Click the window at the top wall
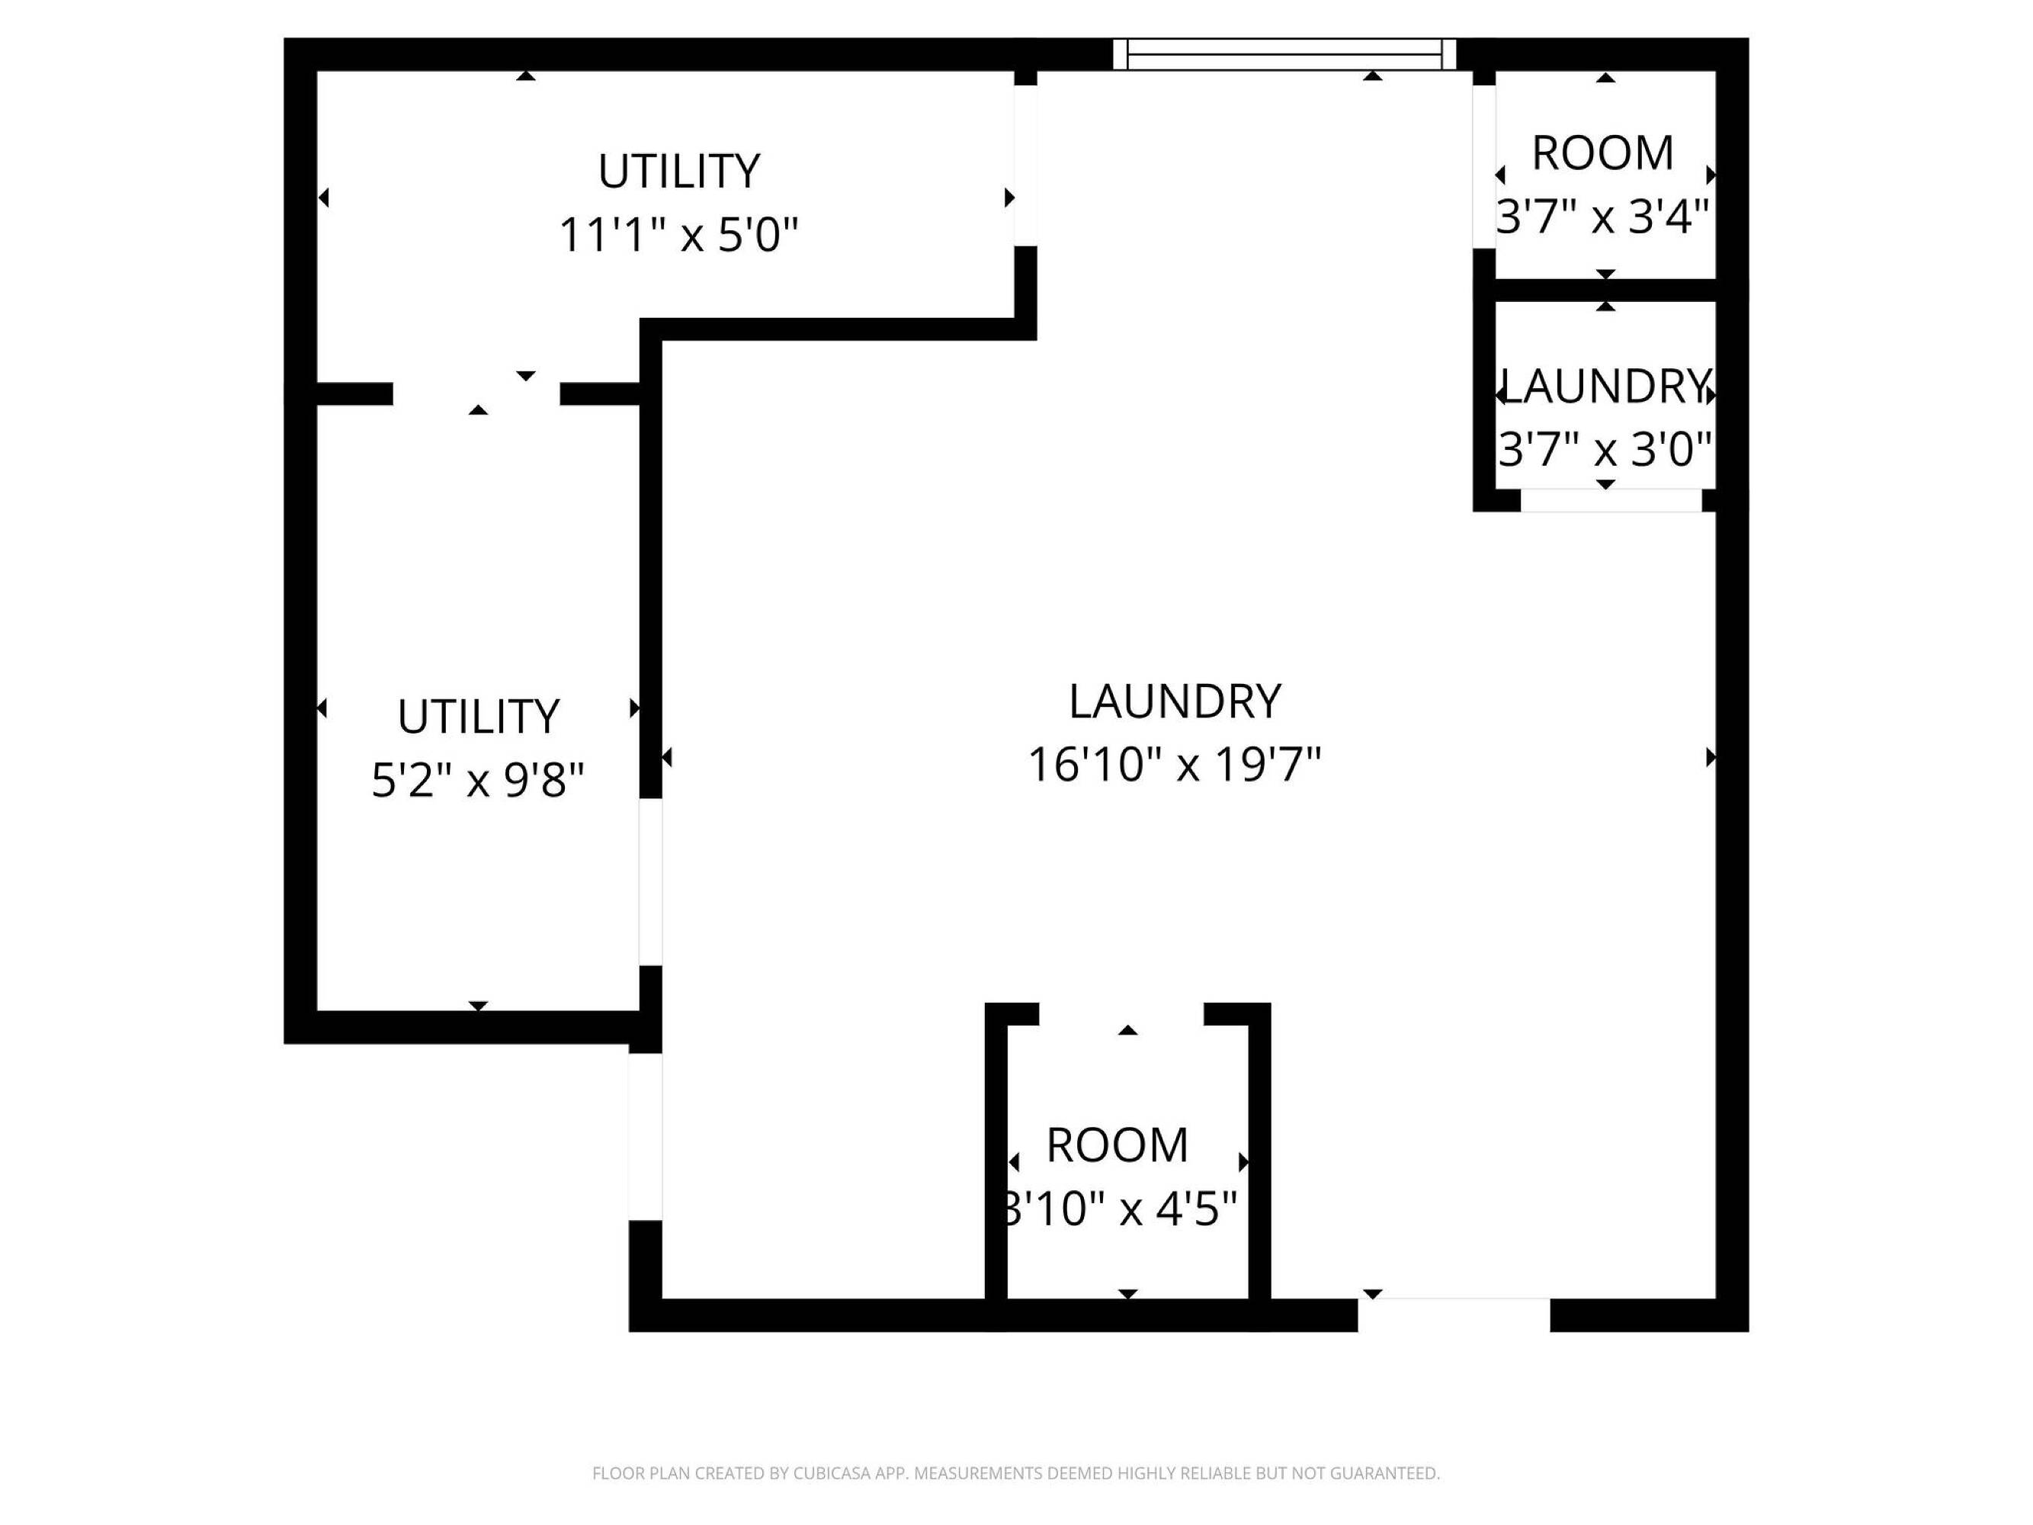pyautogui.click(x=1284, y=54)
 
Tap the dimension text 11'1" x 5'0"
pyautogui.click(x=678, y=234)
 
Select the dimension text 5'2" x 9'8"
pyautogui.click(x=478, y=781)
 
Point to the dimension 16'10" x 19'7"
pyautogui.click(x=1174, y=764)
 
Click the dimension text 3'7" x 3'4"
pyautogui.click(x=1603, y=217)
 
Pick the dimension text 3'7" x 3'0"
pyautogui.click(x=1605, y=450)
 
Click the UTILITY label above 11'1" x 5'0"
pyautogui.click(x=679, y=171)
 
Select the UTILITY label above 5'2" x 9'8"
pyautogui.click(x=478, y=716)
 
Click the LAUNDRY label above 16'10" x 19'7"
pyautogui.click(x=1175, y=701)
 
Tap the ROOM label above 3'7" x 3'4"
pyautogui.click(x=1603, y=152)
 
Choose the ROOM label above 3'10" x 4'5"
pyautogui.click(x=1118, y=1145)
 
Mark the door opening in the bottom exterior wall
pyautogui.click(x=1454, y=1315)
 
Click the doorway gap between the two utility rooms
pyautogui.click(x=476, y=394)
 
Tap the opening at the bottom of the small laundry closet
pyautogui.click(x=1611, y=501)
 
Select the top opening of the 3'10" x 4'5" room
pyautogui.click(x=1121, y=1014)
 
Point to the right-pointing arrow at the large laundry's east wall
pyautogui.click(x=1711, y=757)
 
